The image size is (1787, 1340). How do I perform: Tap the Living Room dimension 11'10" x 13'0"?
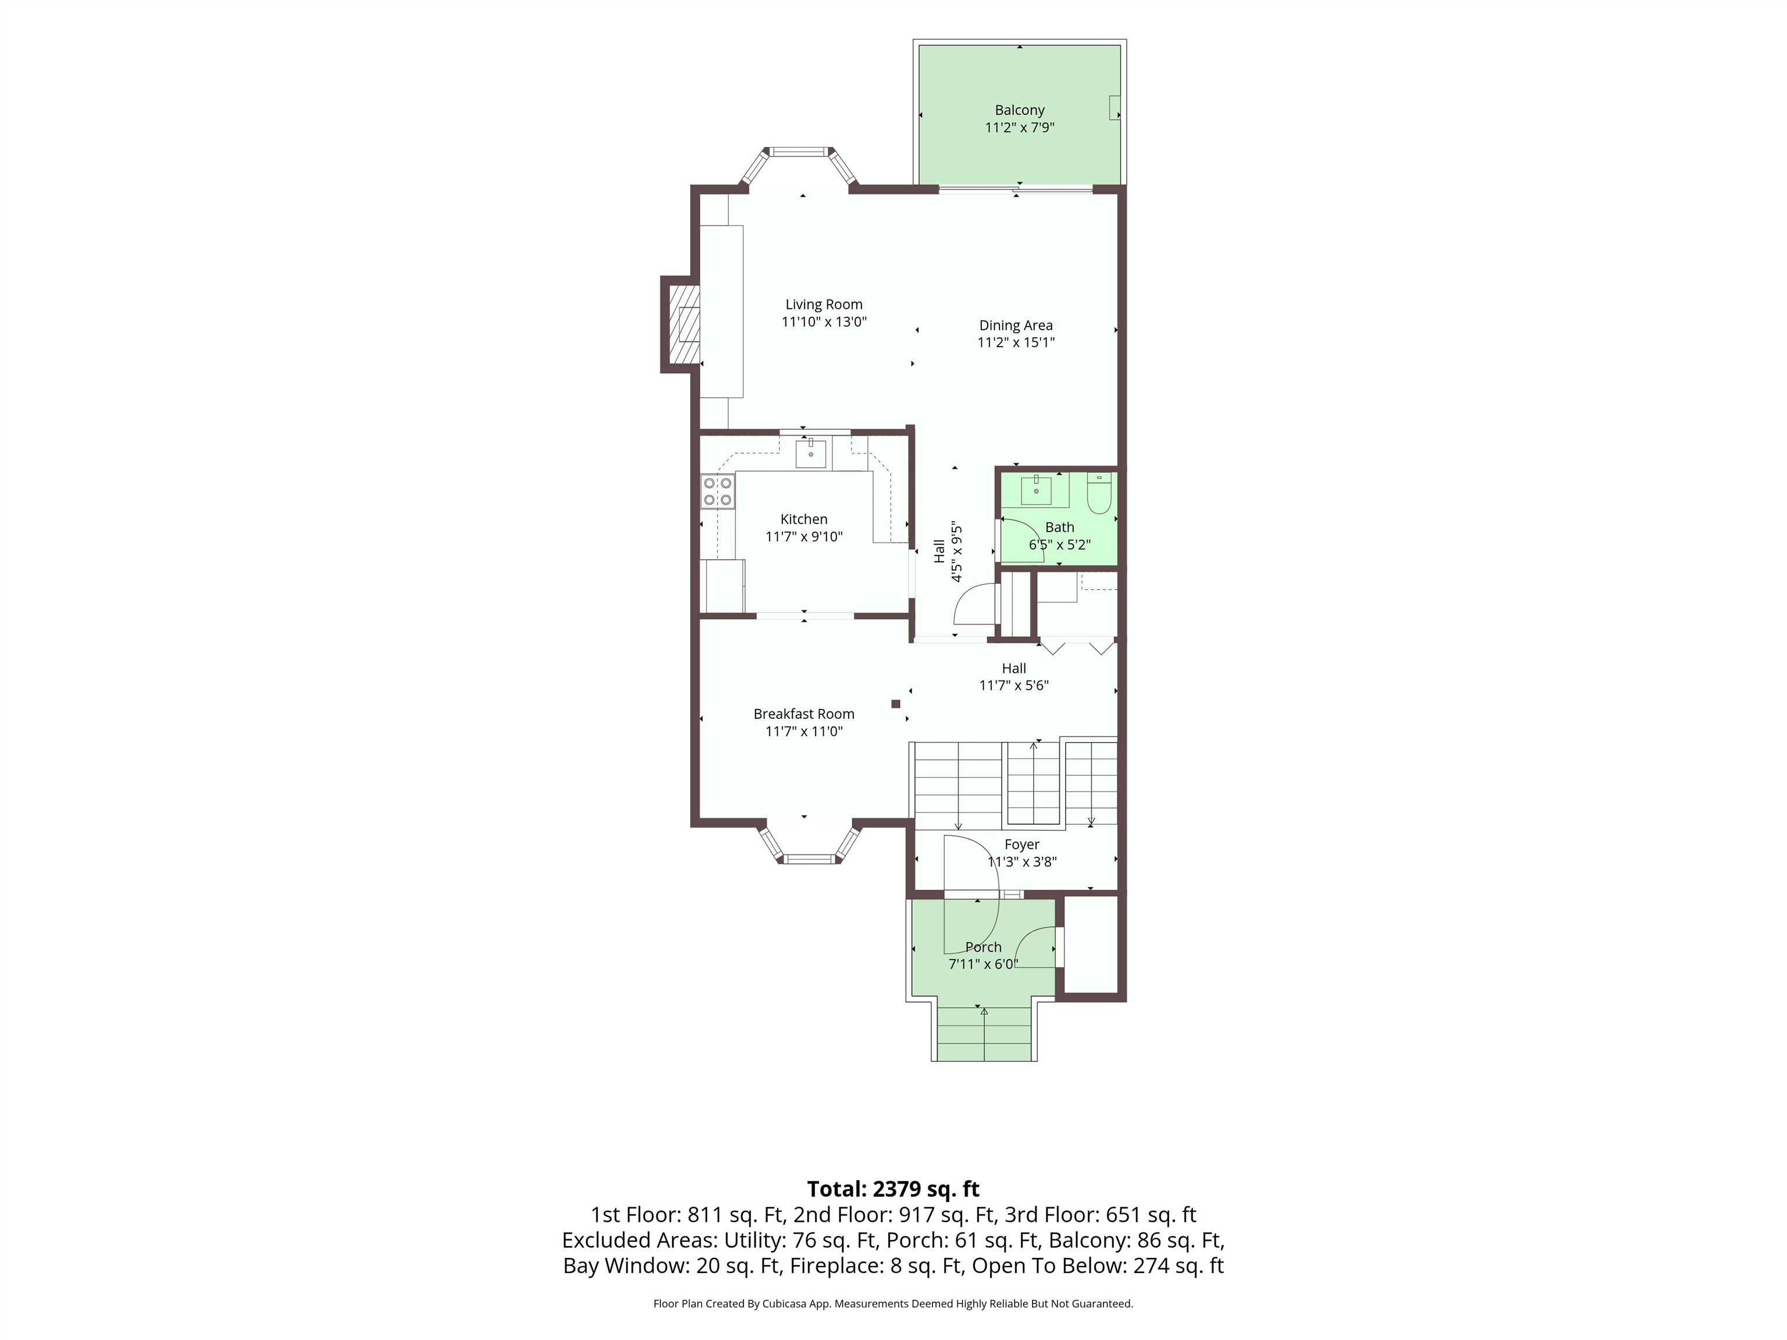pos(824,322)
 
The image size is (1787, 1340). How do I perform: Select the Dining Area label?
pos(1016,326)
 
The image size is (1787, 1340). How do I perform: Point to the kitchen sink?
pos(810,453)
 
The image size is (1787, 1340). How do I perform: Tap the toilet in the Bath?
pos(1099,494)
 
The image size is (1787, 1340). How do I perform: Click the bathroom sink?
pos(1037,490)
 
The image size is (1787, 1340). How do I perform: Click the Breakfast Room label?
pos(804,714)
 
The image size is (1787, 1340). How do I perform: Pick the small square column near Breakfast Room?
pos(895,704)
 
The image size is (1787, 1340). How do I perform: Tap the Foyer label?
pos(1022,844)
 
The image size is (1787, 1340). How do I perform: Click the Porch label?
pos(983,947)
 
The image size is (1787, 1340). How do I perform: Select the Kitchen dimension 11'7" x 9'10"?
pos(804,536)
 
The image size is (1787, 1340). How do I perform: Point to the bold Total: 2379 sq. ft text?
pos(893,1189)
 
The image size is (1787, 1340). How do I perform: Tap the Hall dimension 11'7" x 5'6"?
pos(1014,686)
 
